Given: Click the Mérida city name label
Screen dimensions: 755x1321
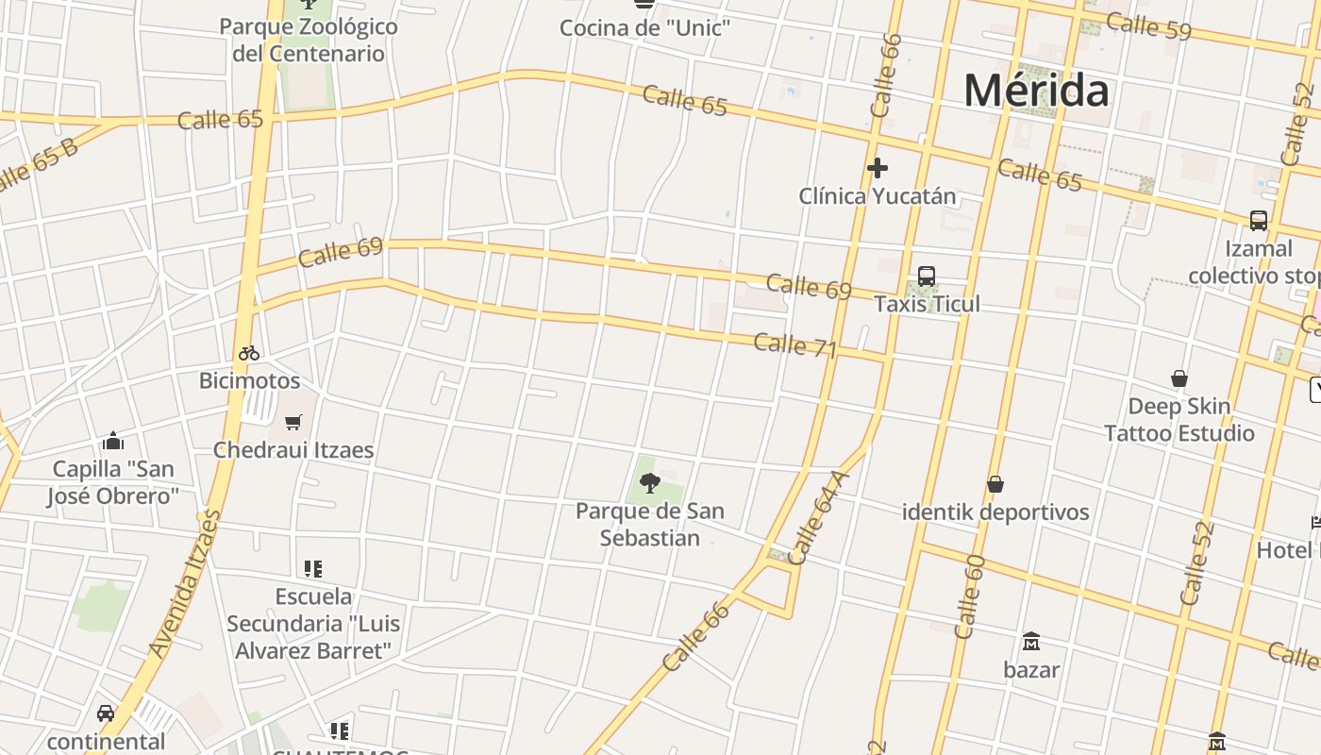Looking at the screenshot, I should pos(1036,91).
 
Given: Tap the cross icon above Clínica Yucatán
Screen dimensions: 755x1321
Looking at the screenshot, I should pos(878,168).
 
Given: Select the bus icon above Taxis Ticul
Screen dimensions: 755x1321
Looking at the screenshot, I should pos(927,277).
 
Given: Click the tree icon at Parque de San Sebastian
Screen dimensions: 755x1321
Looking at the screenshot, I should pos(650,484).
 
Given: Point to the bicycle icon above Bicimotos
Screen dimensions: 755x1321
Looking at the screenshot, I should pos(249,354).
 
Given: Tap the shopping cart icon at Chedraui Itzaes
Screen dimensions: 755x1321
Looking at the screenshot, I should pos(293,422).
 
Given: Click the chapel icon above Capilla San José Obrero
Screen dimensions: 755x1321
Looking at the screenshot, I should pos(113,441).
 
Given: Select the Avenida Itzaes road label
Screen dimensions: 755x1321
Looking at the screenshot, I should pos(185,585).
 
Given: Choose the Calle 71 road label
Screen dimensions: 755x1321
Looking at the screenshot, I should pos(795,344).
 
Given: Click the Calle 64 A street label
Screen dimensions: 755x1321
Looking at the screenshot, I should pos(817,517).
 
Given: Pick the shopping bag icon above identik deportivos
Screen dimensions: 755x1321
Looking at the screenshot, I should pos(995,485).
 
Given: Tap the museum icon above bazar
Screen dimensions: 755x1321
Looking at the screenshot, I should pos(1031,642).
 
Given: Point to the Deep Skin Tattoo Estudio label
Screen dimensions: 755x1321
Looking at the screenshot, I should pos(1179,420).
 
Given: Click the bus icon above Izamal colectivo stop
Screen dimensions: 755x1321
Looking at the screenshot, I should pos(1258,221).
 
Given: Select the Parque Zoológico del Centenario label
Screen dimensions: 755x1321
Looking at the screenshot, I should pos(309,40).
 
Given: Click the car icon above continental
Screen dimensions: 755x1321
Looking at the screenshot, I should pos(106,713).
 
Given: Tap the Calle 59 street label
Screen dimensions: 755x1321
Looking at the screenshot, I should pos(1148,26).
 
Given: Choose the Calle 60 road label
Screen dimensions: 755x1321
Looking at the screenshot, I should pos(969,596).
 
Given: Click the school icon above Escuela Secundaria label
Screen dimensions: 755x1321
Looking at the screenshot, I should pos(313,569).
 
